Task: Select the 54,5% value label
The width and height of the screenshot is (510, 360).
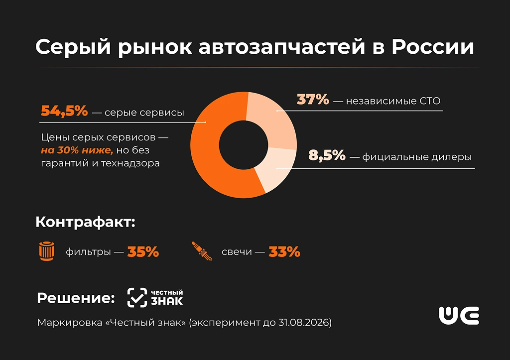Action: [x=64, y=112]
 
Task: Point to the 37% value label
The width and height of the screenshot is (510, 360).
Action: [x=313, y=100]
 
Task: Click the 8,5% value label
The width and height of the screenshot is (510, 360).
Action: [x=327, y=156]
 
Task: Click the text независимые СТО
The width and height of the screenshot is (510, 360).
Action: [x=394, y=101]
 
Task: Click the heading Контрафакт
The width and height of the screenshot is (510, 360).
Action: [x=85, y=222]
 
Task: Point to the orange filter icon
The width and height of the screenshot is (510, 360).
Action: [x=46, y=251]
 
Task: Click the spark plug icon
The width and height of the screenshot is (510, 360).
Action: [x=201, y=251]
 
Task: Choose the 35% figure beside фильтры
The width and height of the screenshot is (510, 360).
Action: [x=143, y=252]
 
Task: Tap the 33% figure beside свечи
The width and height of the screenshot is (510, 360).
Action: [x=284, y=252]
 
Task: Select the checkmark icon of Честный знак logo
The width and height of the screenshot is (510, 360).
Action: [x=137, y=297]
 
